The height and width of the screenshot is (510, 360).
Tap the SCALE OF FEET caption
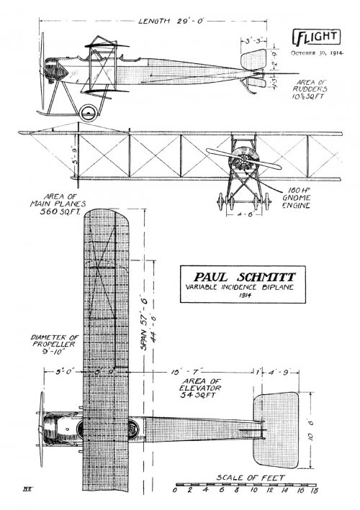click(x=249, y=477)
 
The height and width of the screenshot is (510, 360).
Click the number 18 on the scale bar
click(x=314, y=493)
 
